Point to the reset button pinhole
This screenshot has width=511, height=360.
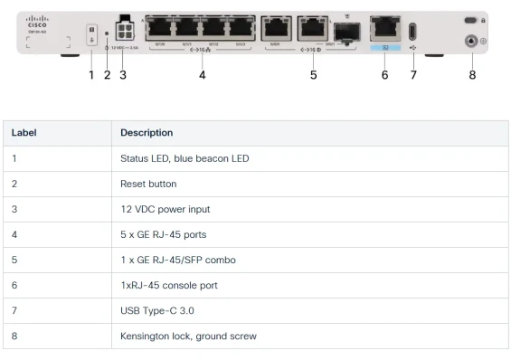pos(107,33)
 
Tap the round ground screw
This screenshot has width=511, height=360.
pos(471,41)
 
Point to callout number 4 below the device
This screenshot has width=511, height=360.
pos(202,75)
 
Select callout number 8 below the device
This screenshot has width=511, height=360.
pos(471,75)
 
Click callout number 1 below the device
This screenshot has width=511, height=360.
pos(90,75)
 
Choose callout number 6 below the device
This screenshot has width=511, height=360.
pos(384,75)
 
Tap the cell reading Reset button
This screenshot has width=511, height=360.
pos(148,184)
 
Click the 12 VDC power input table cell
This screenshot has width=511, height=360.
pos(165,209)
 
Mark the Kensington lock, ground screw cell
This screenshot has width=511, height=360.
pos(188,336)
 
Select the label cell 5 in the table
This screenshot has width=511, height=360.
pos(14,260)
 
